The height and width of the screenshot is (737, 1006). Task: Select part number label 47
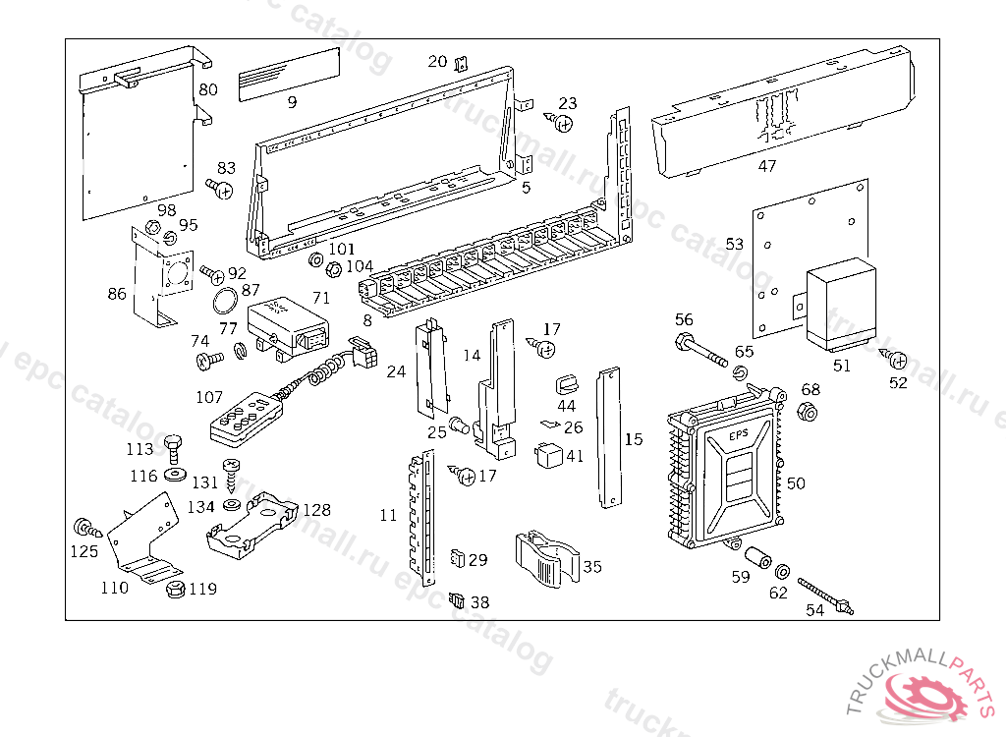[x=767, y=166]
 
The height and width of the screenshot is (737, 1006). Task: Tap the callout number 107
[x=209, y=398]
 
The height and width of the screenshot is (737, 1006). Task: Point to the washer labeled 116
[x=177, y=476]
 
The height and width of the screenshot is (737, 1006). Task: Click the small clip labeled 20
[x=461, y=66]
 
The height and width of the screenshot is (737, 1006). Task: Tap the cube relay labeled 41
[x=547, y=455]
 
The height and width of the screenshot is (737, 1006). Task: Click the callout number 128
[x=316, y=510]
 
